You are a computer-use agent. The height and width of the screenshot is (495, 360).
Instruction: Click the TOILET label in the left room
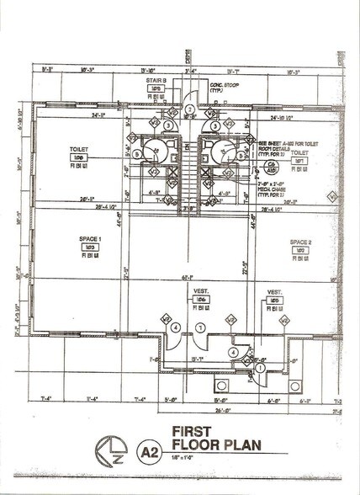coord(79,149)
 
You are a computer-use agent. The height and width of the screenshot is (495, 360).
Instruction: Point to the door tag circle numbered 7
coord(199,326)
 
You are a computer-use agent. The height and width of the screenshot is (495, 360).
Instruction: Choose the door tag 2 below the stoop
coord(190,109)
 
